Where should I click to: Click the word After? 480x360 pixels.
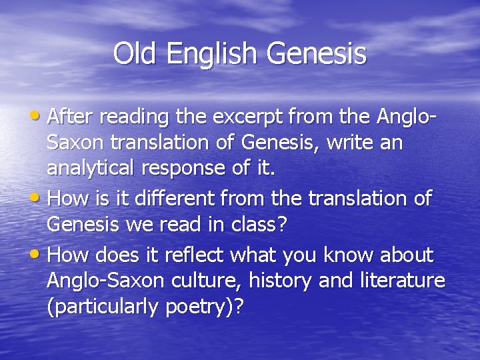tap(73, 117)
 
